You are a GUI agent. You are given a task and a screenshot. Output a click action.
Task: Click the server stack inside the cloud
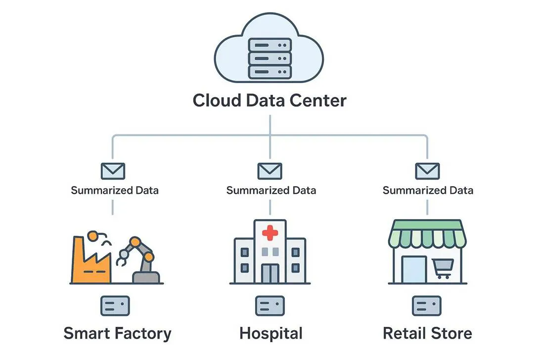(270, 58)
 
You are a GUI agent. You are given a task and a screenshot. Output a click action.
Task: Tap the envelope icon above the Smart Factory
(113, 171)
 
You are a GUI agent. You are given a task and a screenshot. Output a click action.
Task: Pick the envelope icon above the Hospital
(270, 171)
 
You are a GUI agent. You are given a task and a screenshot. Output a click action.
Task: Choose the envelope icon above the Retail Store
(427, 171)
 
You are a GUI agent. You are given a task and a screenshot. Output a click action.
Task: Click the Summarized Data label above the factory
(115, 190)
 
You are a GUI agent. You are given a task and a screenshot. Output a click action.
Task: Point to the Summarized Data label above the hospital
(271, 190)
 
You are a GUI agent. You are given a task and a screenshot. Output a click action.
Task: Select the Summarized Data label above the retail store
(428, 190)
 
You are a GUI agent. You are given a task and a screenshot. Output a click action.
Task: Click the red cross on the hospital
(270, 232)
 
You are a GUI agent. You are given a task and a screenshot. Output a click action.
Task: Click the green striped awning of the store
(427, 234)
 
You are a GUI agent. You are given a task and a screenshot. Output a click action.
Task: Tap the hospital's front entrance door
(270, 273)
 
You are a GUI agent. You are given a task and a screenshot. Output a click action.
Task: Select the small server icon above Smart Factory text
(115, 306)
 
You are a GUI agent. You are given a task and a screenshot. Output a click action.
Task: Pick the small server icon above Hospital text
(270, 306)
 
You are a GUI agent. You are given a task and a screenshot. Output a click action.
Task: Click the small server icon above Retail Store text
(427, 306)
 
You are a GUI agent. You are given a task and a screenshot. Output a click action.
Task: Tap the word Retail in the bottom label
(404, 333)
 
